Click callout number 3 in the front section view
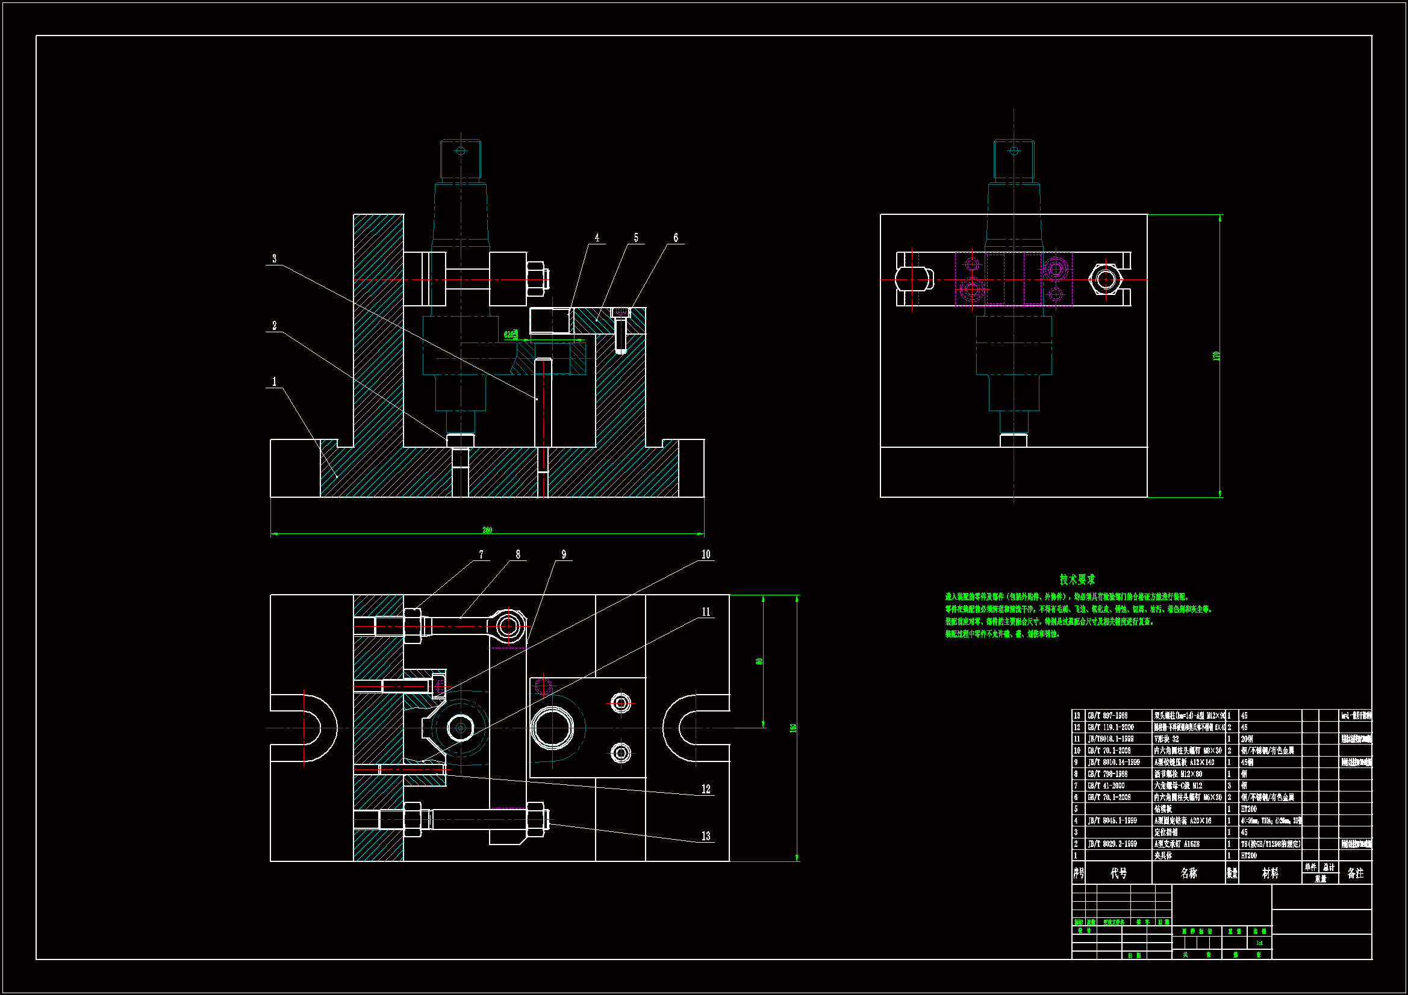[274, 259]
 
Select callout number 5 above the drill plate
[636, 238]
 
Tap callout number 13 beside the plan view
[706, 836]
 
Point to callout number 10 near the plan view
[706, 554]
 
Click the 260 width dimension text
[487, 530]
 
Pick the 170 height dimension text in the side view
[1216, 356]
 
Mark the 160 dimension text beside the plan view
[793, 728]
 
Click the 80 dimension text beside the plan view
[759, 662]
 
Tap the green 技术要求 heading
[1077, 579]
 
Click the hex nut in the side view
[1105, 279]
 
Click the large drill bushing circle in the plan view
[552, 728]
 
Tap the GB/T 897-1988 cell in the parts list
[1107, 716]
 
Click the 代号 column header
[1118, 873]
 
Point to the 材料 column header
[1270, 873]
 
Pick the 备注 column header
[1355, 873]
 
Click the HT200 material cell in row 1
[1248, 855]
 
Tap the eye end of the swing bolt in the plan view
[508, 627]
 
